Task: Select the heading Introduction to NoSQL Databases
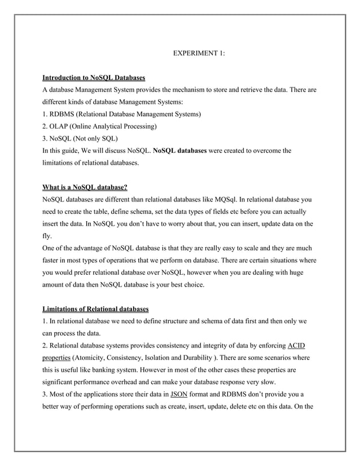click(94, 77)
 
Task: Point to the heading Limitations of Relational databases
click(96, 309)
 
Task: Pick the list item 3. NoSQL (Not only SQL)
click(81, 138)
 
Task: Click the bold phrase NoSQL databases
click(180, 151)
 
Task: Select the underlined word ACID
click(297, 345)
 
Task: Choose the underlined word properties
click(56, 358)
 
